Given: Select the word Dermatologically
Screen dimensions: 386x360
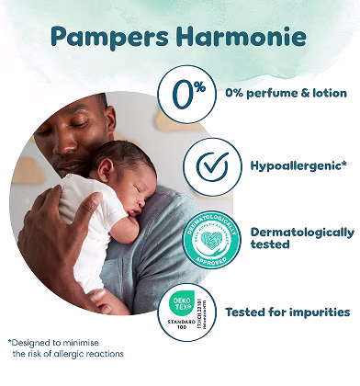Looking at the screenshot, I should (302, 232).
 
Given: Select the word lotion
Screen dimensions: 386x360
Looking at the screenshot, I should (329, 93).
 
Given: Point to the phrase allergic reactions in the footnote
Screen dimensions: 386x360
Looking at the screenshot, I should (92, 354).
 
